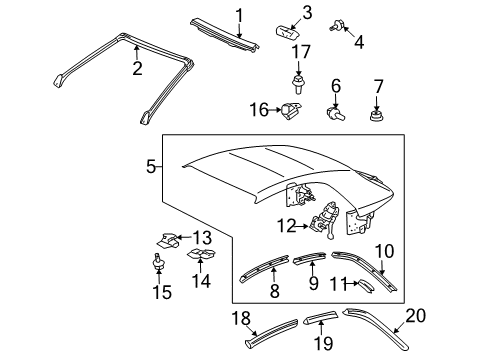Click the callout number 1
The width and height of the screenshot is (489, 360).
pos(239,14)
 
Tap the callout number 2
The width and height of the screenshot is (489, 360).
pos(138,68)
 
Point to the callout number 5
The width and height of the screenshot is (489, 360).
pos(151,167)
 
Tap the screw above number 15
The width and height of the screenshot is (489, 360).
pos(158,264)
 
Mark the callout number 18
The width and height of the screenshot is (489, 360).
pos(239,321)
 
